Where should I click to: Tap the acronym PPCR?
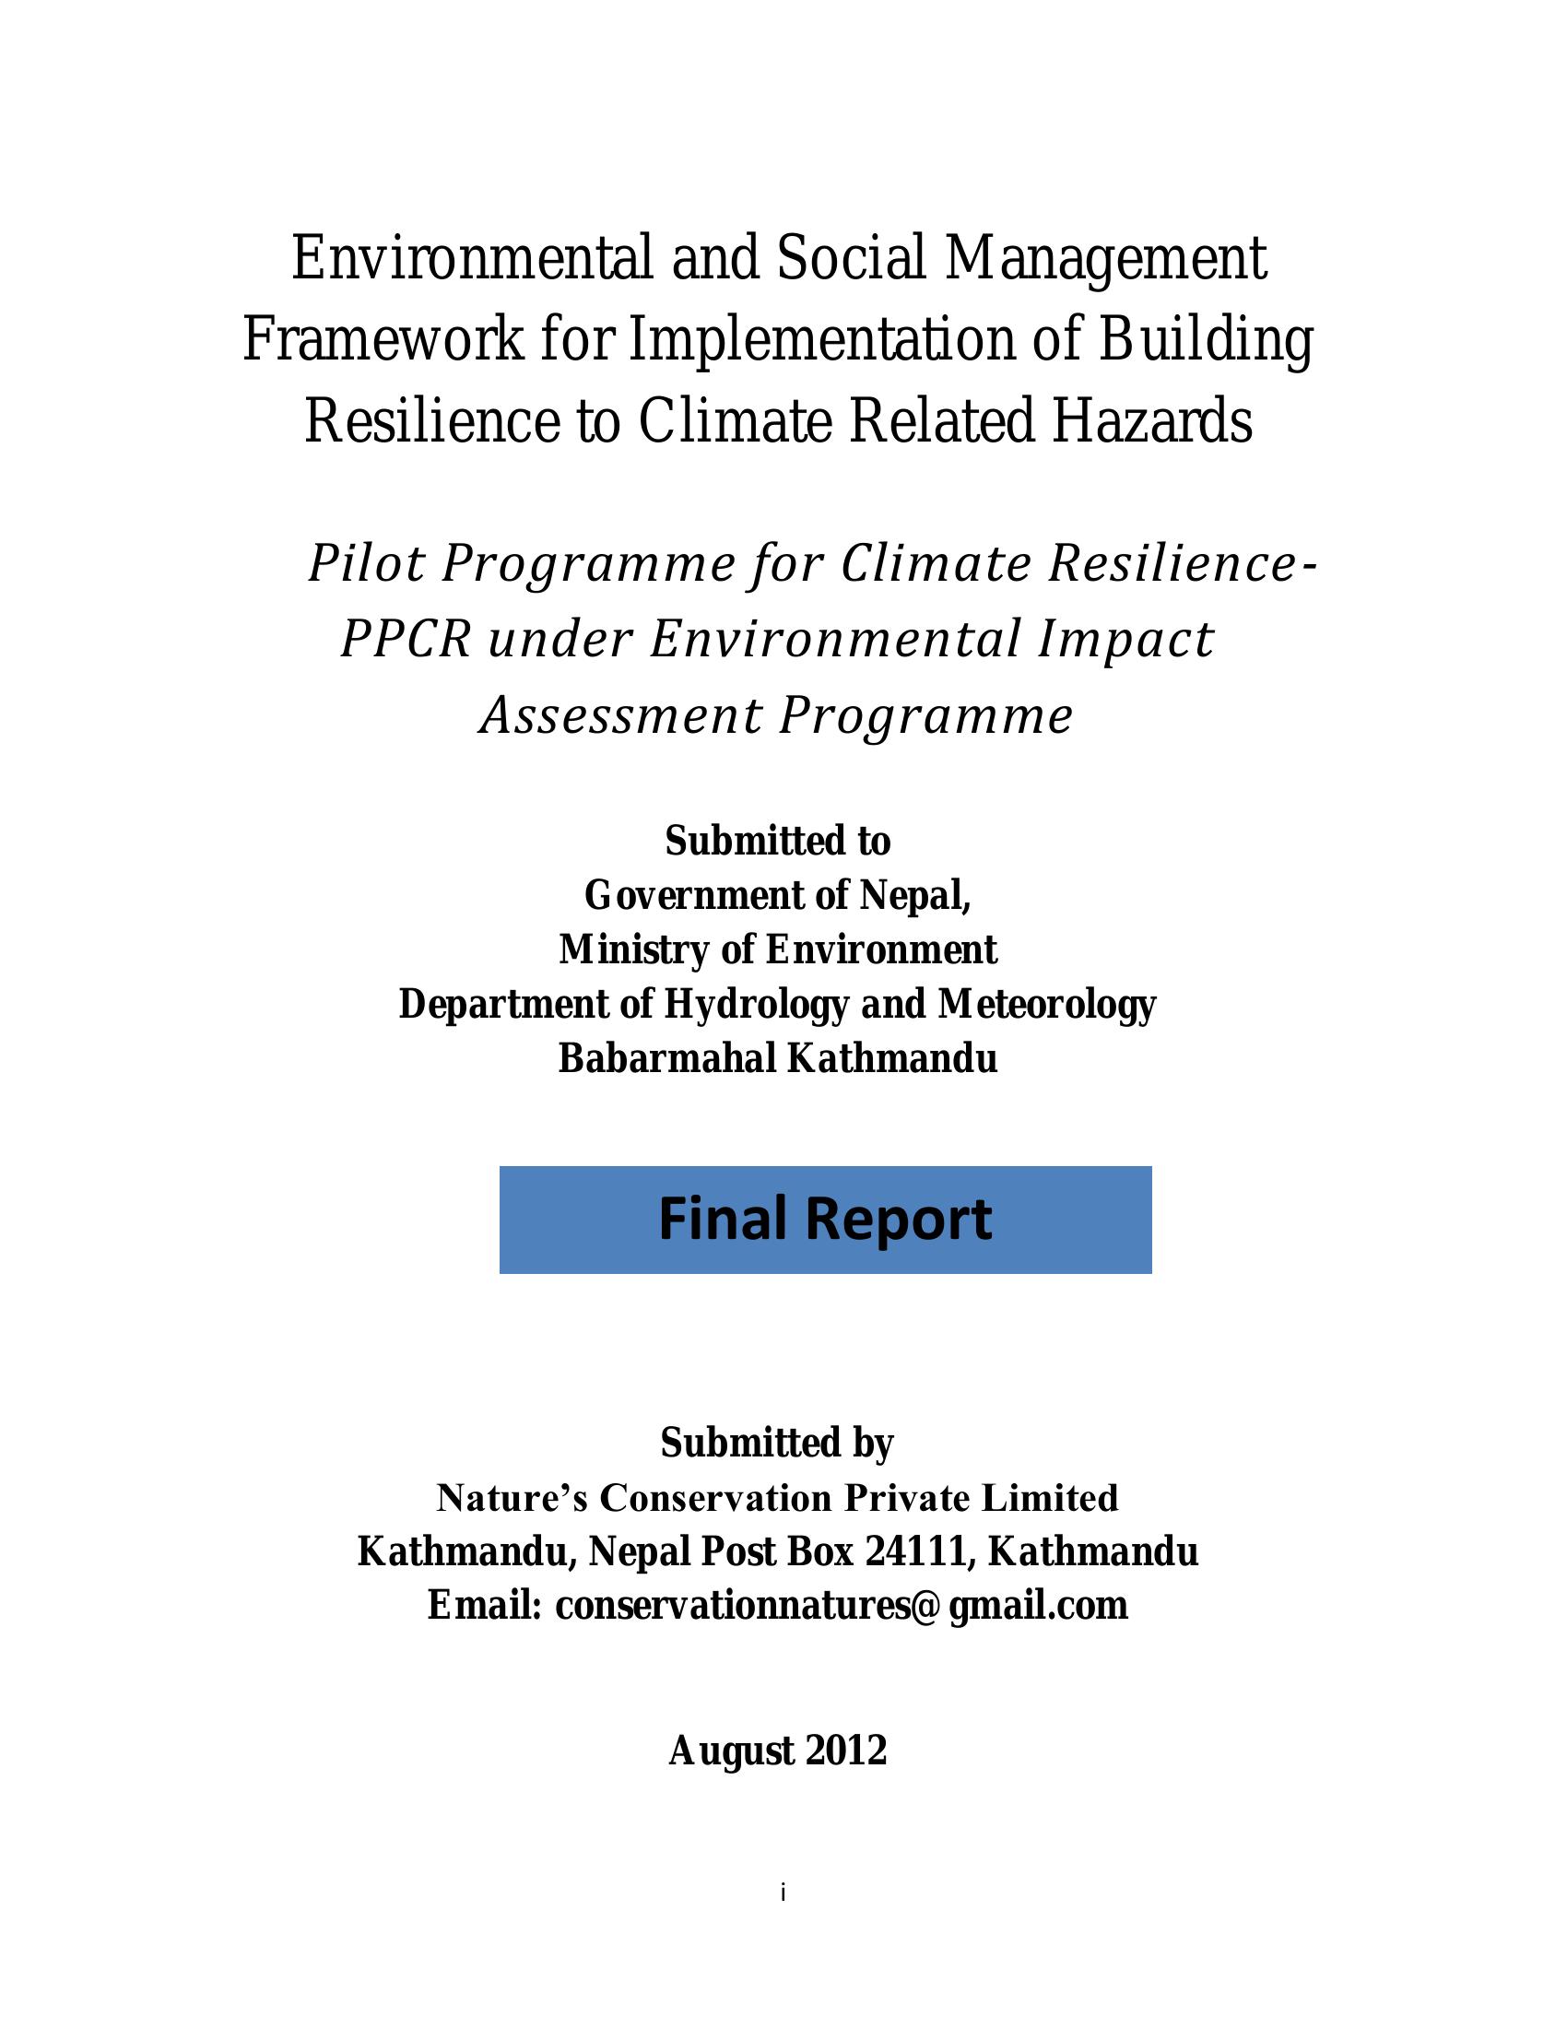point(406,639)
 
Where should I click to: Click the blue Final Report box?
point(824,1220)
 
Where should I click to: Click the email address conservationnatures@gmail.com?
point(841,1606)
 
